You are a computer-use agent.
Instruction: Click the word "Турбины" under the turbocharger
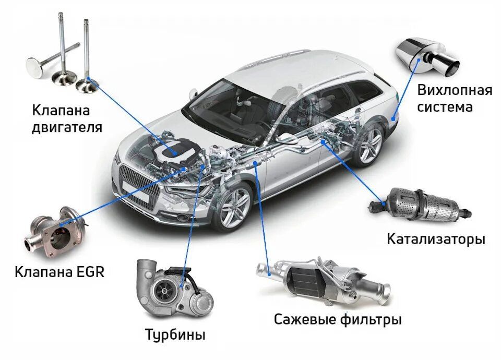pyautogui.click(x=175, y=335)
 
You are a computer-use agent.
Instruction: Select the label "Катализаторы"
pyautogui.click(x=436, y=239)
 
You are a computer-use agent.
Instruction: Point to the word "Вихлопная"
pyautogui.click(x=455, y=90)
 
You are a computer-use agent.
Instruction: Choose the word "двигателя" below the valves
pyautogui.click(x=67, y=127)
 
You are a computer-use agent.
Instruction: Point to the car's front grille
pyautogui.click(x=139, y=187)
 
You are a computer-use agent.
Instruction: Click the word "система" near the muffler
pyautogui.click(x=445, y=106)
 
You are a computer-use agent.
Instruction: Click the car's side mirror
pyautogui.click(x=193, y=93)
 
